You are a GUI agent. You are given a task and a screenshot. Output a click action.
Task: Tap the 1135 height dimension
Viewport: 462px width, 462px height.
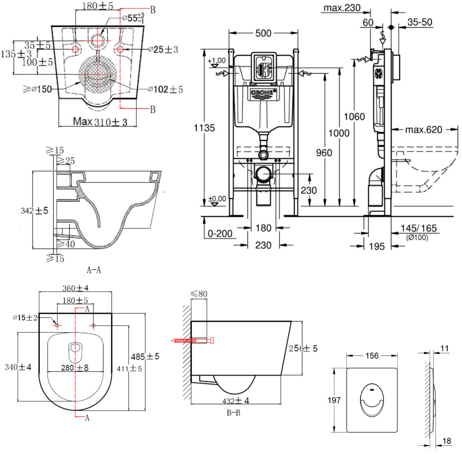point(204,128)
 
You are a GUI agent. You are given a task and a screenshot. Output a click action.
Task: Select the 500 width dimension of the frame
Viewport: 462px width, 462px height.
point(263,33)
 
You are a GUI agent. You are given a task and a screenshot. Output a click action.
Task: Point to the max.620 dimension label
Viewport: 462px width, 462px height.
point(423,130)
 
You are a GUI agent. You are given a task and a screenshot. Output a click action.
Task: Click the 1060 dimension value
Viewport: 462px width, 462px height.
point(354,117)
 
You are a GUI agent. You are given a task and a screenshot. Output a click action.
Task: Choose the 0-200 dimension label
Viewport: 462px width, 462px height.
point(220,234)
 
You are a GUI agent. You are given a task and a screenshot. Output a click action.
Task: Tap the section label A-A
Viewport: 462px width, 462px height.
point(94,270)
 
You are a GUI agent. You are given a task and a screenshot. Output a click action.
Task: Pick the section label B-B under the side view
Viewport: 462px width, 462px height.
point(233,413)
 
